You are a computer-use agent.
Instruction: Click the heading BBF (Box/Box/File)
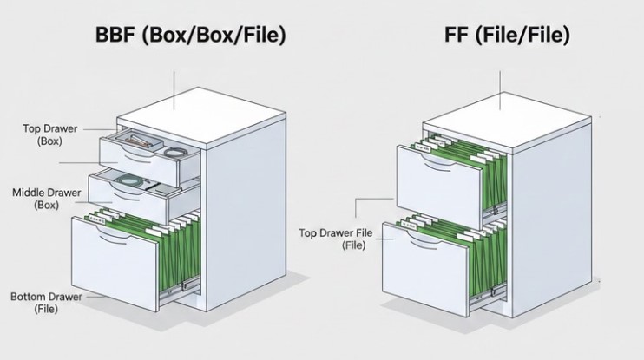click(190, 36)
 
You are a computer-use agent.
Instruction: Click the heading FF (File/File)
click(496, 36)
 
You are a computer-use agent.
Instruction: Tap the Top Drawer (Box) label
click(49, 134)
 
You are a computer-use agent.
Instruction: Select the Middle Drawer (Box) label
click(45, 199)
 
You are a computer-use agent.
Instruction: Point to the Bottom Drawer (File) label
click(46, 302)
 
